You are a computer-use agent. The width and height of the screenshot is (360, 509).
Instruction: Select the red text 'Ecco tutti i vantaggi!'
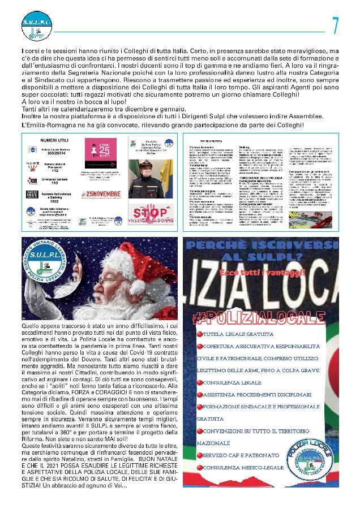click(256, 273)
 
